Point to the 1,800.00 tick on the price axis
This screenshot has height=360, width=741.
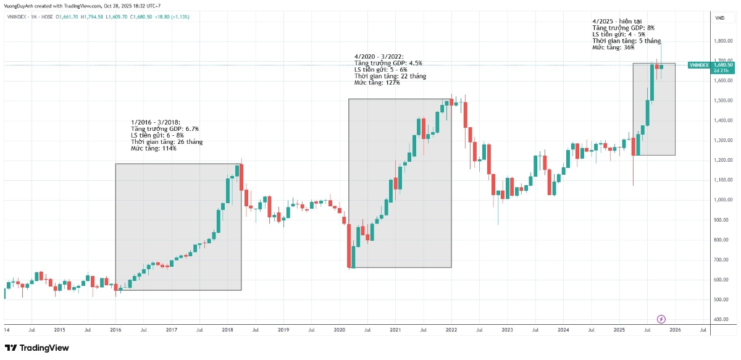[722, 41]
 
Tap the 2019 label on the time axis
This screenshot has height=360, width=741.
[283, 330]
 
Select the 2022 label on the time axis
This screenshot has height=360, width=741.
[451, 330]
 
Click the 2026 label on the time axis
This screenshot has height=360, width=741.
[675, 330]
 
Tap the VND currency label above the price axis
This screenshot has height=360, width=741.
[720, 19]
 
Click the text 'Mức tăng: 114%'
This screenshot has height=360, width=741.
[154, 149]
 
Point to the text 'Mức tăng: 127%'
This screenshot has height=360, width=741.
[377, 83]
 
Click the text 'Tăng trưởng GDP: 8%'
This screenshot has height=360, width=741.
[623, 28]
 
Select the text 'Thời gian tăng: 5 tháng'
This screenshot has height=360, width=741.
[627, 41]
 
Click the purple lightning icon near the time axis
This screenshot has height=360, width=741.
[661, 319]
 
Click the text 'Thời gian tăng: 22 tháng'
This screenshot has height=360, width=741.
[390, 76]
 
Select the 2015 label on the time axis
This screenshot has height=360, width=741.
[59, 330]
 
